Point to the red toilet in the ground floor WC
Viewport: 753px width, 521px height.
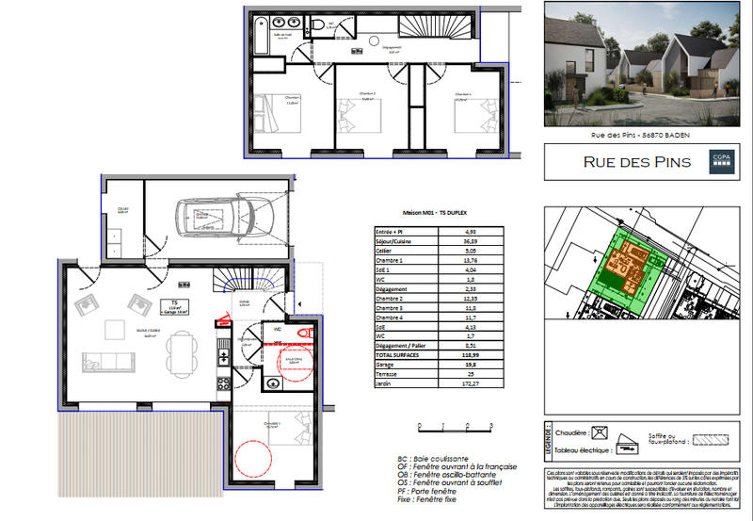(303, 333)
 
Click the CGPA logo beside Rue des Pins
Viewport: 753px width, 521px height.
(720, 161)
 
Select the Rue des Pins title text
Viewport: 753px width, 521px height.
(636, 162)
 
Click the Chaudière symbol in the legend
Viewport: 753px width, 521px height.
(597, 433)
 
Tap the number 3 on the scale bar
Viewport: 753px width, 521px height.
(492, 425)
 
